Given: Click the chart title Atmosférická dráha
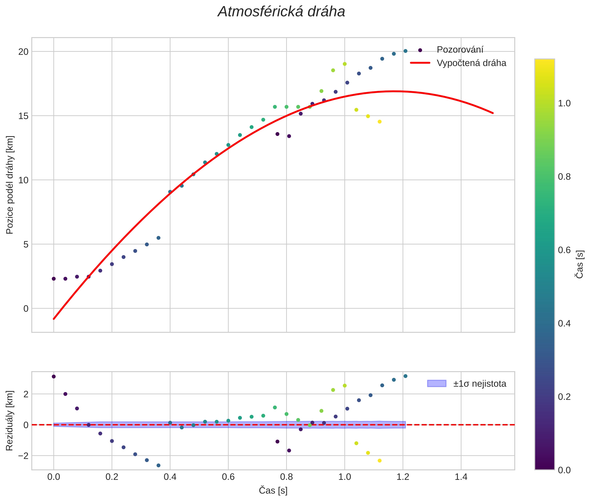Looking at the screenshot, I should tap(281, 12).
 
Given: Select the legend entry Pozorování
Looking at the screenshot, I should tap(459, 50).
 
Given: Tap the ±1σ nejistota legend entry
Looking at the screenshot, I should tap(479, 384).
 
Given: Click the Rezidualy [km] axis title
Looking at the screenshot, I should tap(10, 421).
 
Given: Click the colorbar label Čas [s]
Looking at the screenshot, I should tap(580, 264).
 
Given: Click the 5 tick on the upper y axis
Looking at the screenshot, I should tap(26, 244).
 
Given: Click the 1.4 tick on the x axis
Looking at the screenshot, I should tap(461, 477).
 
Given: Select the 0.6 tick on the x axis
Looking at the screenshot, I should tap(228, 477).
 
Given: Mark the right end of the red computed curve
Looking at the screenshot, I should tap(493, 113).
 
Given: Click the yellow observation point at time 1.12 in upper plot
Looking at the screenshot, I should tap(379, 122).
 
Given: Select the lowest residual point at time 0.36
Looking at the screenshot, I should tap(159, 465).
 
